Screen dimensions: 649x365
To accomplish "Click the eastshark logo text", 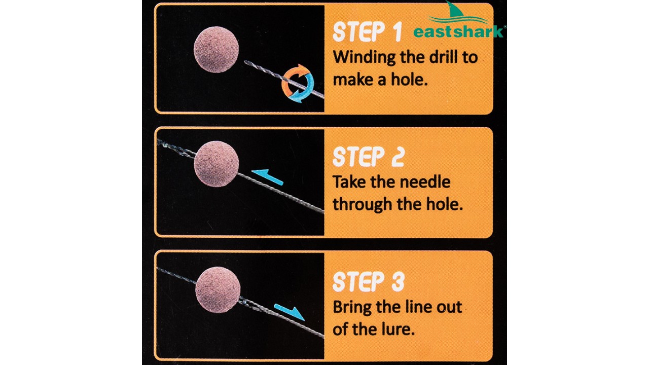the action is [459, 31].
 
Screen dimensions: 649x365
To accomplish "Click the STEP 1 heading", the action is [368, 32].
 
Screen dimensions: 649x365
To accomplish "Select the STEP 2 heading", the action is [368, 157].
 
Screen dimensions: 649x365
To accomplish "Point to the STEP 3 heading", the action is [368, 281].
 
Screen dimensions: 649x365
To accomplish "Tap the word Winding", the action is [364, 58].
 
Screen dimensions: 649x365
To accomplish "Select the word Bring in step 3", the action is [352, 308].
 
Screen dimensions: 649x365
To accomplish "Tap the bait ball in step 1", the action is [216, 49].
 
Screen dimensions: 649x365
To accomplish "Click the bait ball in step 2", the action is [217, 164].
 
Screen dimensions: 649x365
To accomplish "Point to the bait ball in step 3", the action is [218, 290].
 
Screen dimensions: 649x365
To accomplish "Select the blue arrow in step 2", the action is [267, 177].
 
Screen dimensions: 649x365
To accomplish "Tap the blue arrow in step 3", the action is [290, 312].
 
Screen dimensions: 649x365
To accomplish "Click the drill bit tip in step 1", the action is [245, 61].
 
